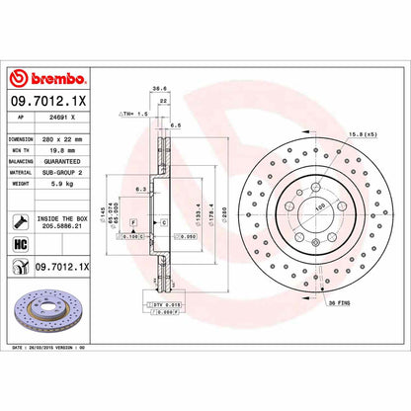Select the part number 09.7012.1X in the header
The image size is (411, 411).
click(49, 100)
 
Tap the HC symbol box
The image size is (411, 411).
click(19, 244)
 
